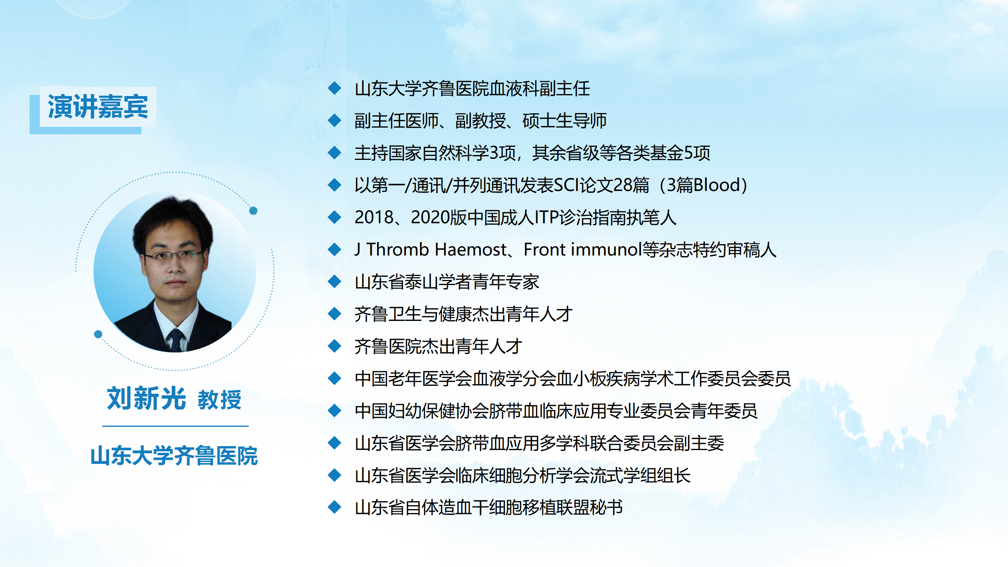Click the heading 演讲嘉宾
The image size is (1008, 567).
tap(98, 106)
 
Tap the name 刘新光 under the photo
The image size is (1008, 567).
tap(146, 398)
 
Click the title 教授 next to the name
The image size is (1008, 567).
tap(219, 400)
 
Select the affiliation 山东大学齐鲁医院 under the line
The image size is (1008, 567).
tap(174, 456)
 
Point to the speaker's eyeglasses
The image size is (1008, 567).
tap(173, 256)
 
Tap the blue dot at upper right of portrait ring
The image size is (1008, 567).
tap(254, 211)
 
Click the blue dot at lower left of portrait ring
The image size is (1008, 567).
tap(98, 334)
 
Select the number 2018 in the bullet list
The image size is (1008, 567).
tap(374, 217)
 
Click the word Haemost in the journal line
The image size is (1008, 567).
tap(471, 250)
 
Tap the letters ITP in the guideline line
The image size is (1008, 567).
tap(547, 217)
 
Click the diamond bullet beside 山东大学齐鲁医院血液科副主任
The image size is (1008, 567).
tap(335, 88)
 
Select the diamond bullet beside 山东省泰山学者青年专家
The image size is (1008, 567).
tap(335, 282)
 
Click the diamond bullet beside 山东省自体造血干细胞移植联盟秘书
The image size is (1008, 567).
tap(335, 507)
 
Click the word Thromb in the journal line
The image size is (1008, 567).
tap(398, 250)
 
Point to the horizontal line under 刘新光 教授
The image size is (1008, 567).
tap(176, 426)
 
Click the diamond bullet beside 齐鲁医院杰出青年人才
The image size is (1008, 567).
tap(335, 346)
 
